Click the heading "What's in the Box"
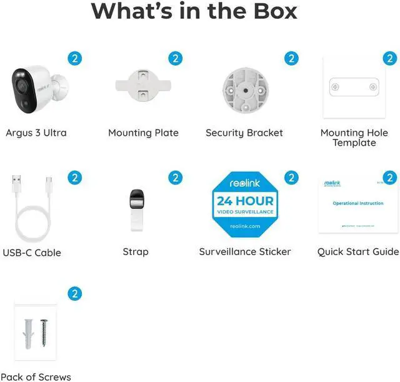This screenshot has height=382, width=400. pos(194,11)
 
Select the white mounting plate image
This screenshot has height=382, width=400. pos(143,88)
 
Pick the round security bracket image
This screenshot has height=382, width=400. pos(244,90)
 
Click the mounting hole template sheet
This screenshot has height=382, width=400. pos(354,88)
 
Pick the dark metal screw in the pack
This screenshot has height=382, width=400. pos(43,334)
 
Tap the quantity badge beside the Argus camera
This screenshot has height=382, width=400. pos(75,59)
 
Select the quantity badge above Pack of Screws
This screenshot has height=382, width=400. pos(75,293)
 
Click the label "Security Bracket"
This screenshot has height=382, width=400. pos(244,133)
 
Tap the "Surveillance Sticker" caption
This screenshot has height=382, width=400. pos(245,251)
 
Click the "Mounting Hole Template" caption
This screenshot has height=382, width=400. pos(354,138)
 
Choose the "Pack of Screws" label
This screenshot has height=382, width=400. pos(36,376)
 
